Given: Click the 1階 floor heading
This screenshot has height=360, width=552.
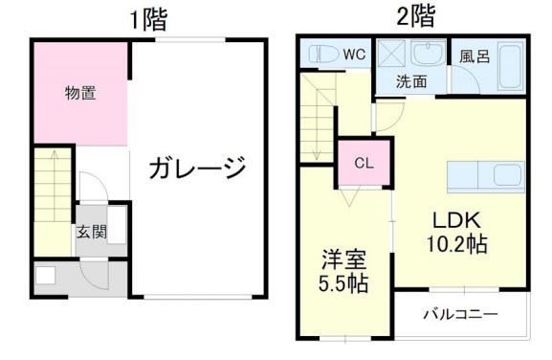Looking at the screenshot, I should (x=148, y=19).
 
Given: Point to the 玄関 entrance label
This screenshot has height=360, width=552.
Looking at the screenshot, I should (x=91, y=231).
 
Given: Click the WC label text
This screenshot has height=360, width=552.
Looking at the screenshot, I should (x=355, y=55).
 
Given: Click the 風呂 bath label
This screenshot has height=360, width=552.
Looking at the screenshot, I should (x=474, y=56).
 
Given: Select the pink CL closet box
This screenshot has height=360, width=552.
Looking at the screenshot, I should (x=364, y=162).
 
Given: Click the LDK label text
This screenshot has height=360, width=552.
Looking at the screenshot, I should (x=447, y=218).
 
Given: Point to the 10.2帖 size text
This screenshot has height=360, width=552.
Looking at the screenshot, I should (x=456, y=243).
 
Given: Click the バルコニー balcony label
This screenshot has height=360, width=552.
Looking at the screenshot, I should (x=461, y=314).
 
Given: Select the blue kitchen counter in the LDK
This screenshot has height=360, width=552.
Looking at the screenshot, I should (x=484, y=175).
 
